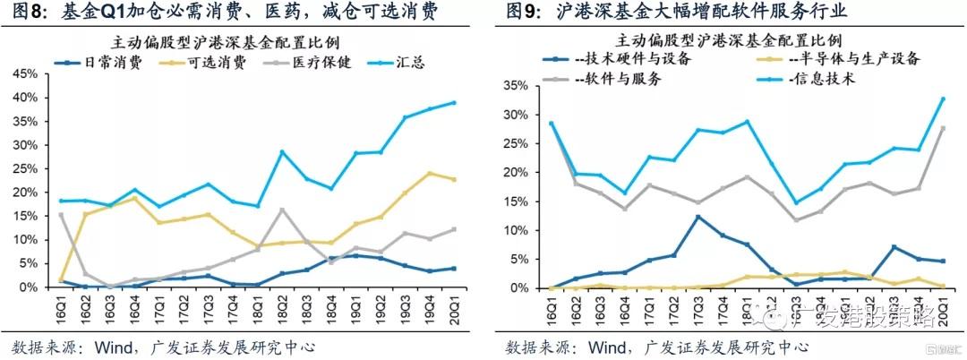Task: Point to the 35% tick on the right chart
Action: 516,85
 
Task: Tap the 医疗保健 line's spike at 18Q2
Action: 282,210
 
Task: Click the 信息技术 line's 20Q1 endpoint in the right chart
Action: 943,99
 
